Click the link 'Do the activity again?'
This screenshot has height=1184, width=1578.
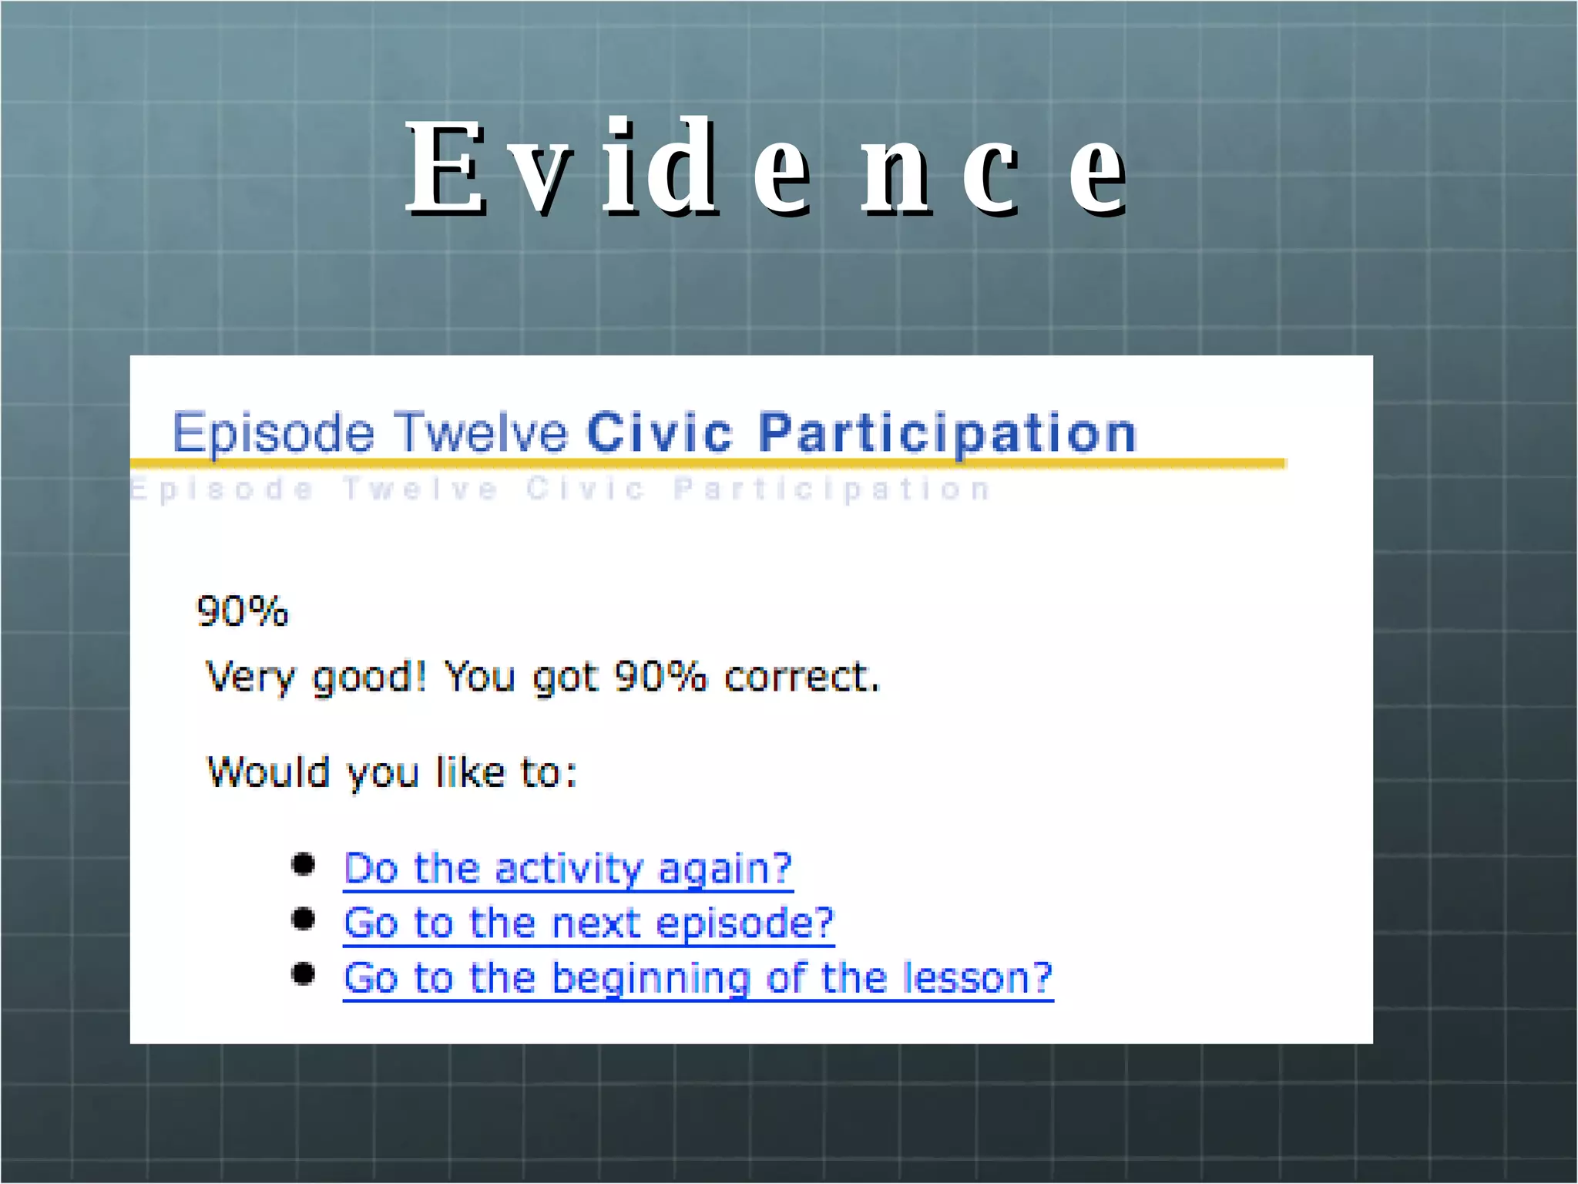(568, 869)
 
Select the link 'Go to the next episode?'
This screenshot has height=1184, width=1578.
(589, 923)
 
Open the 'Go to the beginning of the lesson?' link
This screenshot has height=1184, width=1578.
(697, 978)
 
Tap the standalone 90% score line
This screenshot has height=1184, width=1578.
(242, 612)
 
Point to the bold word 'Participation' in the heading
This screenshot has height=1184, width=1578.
(947, 433)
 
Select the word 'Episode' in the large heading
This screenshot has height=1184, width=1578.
(273, 433)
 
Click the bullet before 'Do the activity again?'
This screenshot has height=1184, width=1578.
(304, 865)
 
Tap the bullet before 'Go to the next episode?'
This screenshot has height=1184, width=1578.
(304, 919)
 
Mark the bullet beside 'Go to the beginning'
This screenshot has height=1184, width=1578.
(304, 974)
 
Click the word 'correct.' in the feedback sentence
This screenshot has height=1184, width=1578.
(801, 678)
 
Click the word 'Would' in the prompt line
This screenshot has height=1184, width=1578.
(269, 772)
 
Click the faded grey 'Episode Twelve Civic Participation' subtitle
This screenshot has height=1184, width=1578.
(560, 489)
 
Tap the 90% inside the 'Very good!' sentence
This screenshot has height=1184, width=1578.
(660, 677)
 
